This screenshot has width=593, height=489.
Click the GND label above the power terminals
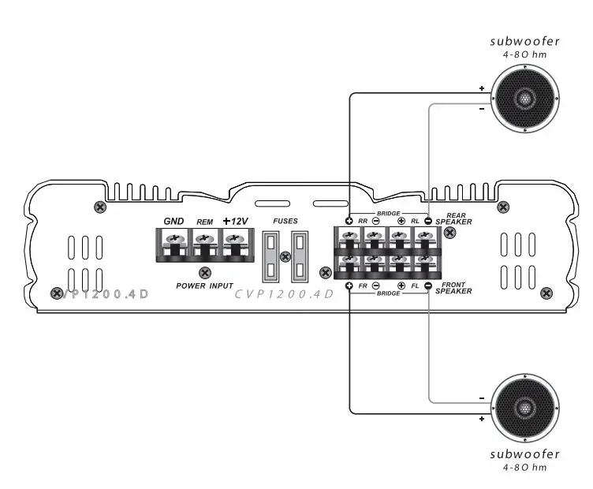click(173, 221)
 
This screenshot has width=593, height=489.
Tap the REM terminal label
click(204, 222)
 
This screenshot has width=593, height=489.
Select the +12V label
click(234, 221)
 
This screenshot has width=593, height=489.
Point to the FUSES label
click(285, 222)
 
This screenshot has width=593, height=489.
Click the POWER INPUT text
click(205, 286)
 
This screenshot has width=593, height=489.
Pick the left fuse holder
click(270, 256)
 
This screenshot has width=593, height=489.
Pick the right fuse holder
click(300, 256)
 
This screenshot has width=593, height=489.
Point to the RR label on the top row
click(363, 222)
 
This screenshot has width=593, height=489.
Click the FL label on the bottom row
click(415, 285)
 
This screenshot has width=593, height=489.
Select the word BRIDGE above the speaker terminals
click(389, 213)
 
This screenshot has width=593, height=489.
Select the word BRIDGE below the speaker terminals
click(389, 293)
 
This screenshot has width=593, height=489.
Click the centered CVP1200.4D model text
click(285, 294)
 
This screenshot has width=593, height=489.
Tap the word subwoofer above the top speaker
click(524, 41)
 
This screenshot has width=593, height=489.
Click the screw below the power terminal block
click(205, 272)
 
